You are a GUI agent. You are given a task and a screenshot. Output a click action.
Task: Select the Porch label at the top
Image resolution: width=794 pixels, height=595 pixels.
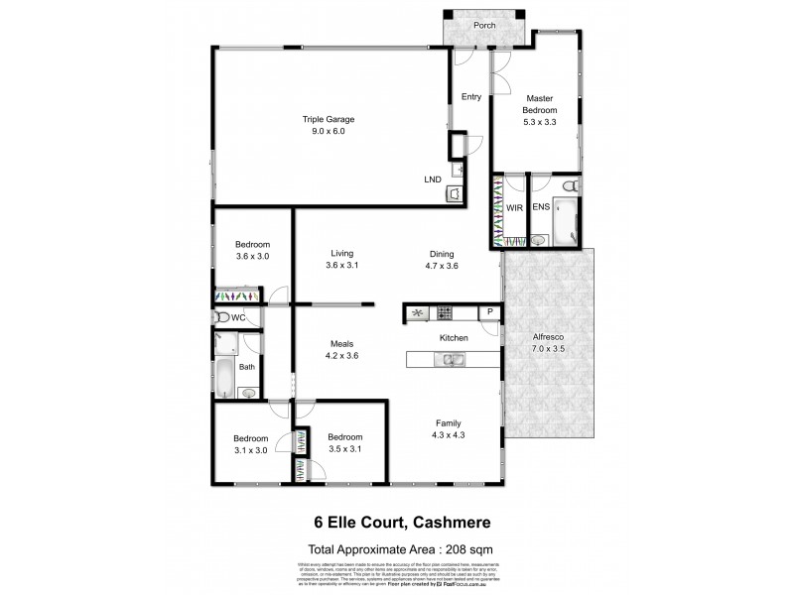[484, 25]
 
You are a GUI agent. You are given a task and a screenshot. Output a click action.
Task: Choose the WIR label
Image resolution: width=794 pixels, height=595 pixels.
[514, 209]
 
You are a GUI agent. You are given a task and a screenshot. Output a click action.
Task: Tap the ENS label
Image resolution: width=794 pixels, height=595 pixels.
[541, 209]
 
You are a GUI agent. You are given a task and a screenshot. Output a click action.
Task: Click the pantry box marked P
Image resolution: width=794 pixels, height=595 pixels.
[488, 313]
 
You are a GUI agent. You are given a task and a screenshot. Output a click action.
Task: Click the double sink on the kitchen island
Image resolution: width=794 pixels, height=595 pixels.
[447, 359]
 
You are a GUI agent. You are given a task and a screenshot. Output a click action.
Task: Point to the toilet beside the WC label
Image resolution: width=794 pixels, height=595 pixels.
[220, 317]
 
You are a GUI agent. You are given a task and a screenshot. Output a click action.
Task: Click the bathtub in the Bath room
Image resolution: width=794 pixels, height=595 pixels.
[224, 379]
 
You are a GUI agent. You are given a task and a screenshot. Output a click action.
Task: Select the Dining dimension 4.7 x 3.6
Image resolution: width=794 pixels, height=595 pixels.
[443, 266]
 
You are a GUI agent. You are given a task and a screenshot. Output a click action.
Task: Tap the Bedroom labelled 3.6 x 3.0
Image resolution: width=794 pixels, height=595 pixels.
[252, 256]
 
